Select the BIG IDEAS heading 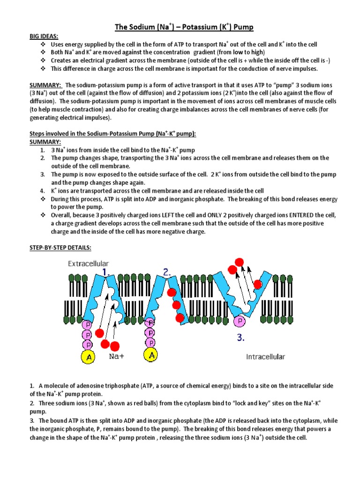[x=46, y=36]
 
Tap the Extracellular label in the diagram [x=89, y=264]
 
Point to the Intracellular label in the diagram [x=265, y=357]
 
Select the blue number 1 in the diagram [x=106, y=272]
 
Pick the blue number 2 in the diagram [x=167, y=272]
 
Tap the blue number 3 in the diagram [x=240, y=337]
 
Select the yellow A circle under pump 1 [x=87, y=357]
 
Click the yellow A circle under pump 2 [x=151, y=356]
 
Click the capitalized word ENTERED [x=301, y=215]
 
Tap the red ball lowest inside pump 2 [x=180, y=318]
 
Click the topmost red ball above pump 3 [x=240, y=261]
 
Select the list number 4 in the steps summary [x=42, y=191]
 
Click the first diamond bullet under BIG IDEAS [x=43, y=45]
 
